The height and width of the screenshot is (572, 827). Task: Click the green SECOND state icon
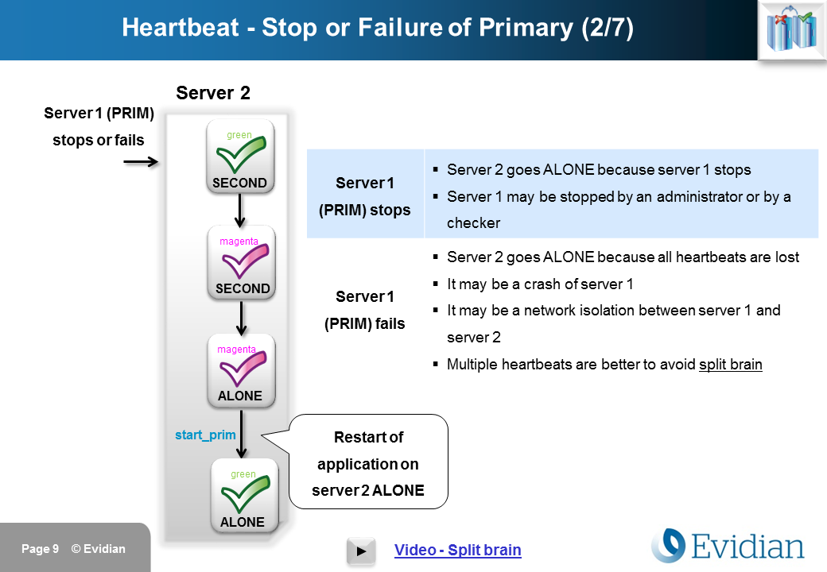(x=240, y=157)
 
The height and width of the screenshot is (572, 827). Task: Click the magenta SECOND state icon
(x=242, y=262)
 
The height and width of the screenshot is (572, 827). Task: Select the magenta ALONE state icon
(x=240, y=369)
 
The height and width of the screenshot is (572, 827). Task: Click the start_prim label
(x=205, y=435)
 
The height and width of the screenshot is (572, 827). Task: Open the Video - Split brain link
(x=457, y=550)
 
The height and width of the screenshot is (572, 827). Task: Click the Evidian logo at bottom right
(x=728, y=547)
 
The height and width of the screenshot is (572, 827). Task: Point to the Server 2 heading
(x=213, y=93)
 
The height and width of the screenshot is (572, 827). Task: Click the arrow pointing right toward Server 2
(x=142, y=162)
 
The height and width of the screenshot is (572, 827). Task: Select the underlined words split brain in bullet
(x=730, y=365)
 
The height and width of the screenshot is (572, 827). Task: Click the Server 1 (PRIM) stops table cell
(x=365, y=196)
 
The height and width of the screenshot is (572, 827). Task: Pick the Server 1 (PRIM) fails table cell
(x=365, y=310)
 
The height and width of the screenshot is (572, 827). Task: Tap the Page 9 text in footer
(x=40, y=549)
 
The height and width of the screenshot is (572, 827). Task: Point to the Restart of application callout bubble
(x=368, y=464)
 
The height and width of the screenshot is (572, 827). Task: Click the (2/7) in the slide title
(x=607, y=28)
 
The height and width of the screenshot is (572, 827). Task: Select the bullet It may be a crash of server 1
(x=540, y=284)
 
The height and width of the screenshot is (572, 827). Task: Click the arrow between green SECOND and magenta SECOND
(x=239, y=211)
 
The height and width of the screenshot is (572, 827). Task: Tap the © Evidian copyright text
(x=99, y=549)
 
